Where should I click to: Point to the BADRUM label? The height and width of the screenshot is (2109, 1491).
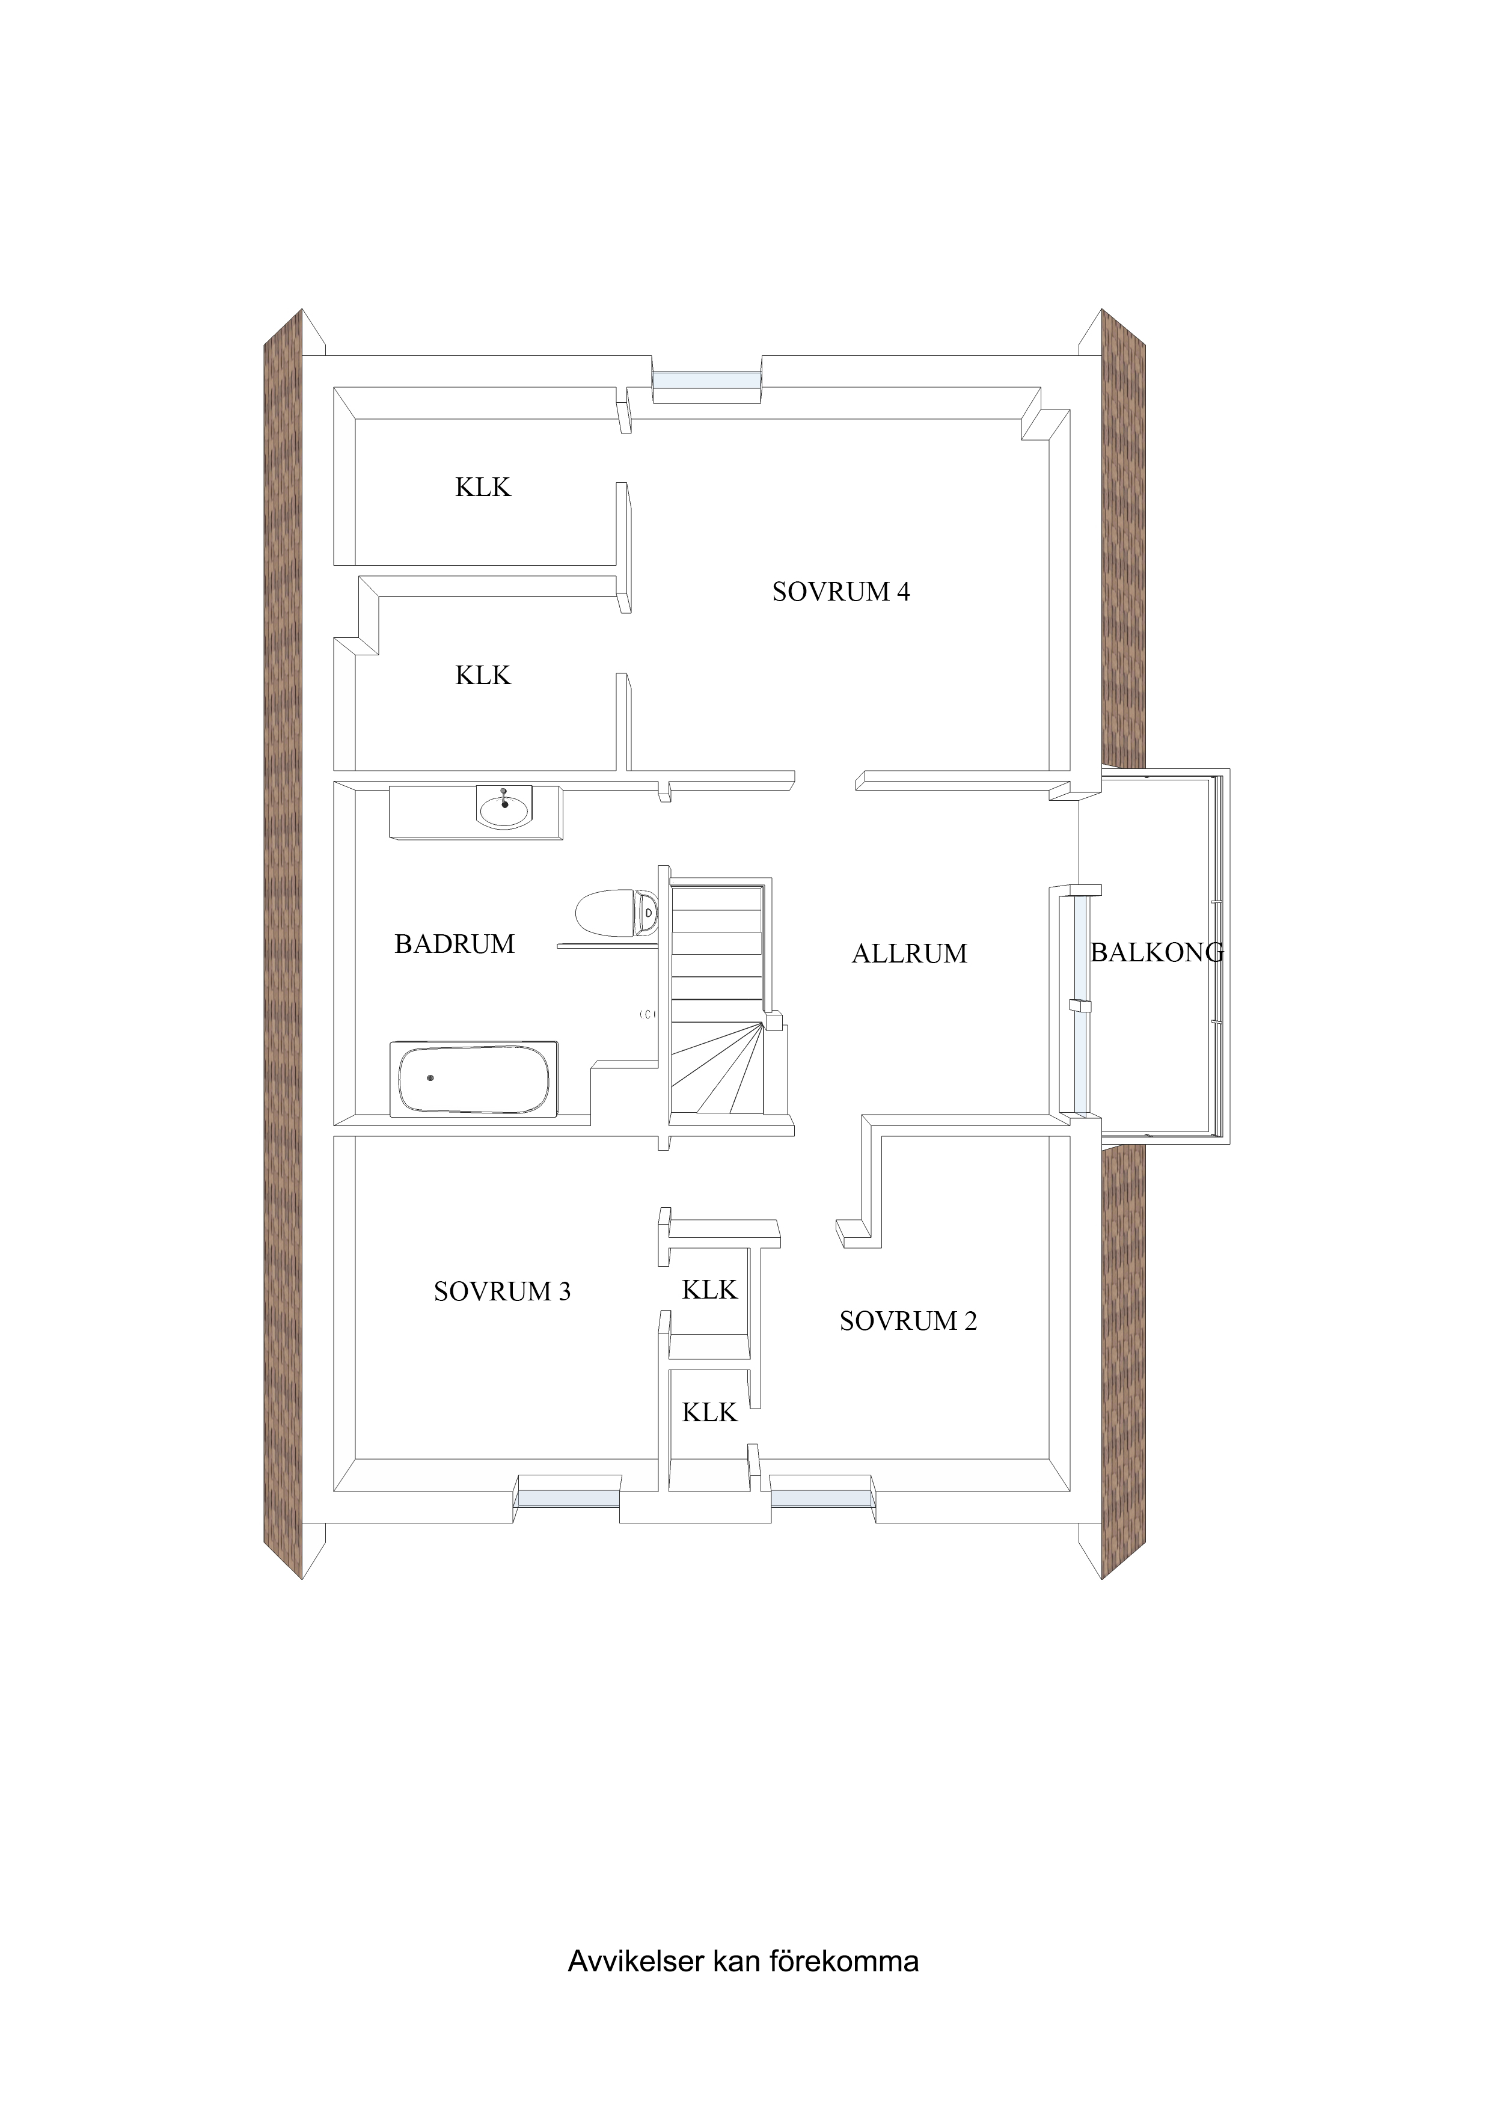click(455, 944)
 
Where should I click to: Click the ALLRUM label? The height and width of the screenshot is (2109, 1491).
click(910, 953)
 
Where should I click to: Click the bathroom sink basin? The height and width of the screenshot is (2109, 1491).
click(503, 809)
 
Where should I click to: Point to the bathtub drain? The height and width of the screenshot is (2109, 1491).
click(430, 1077)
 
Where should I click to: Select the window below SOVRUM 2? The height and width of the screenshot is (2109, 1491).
click(821, 1498)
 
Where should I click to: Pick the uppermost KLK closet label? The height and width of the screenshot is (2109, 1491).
click(483, 487)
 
